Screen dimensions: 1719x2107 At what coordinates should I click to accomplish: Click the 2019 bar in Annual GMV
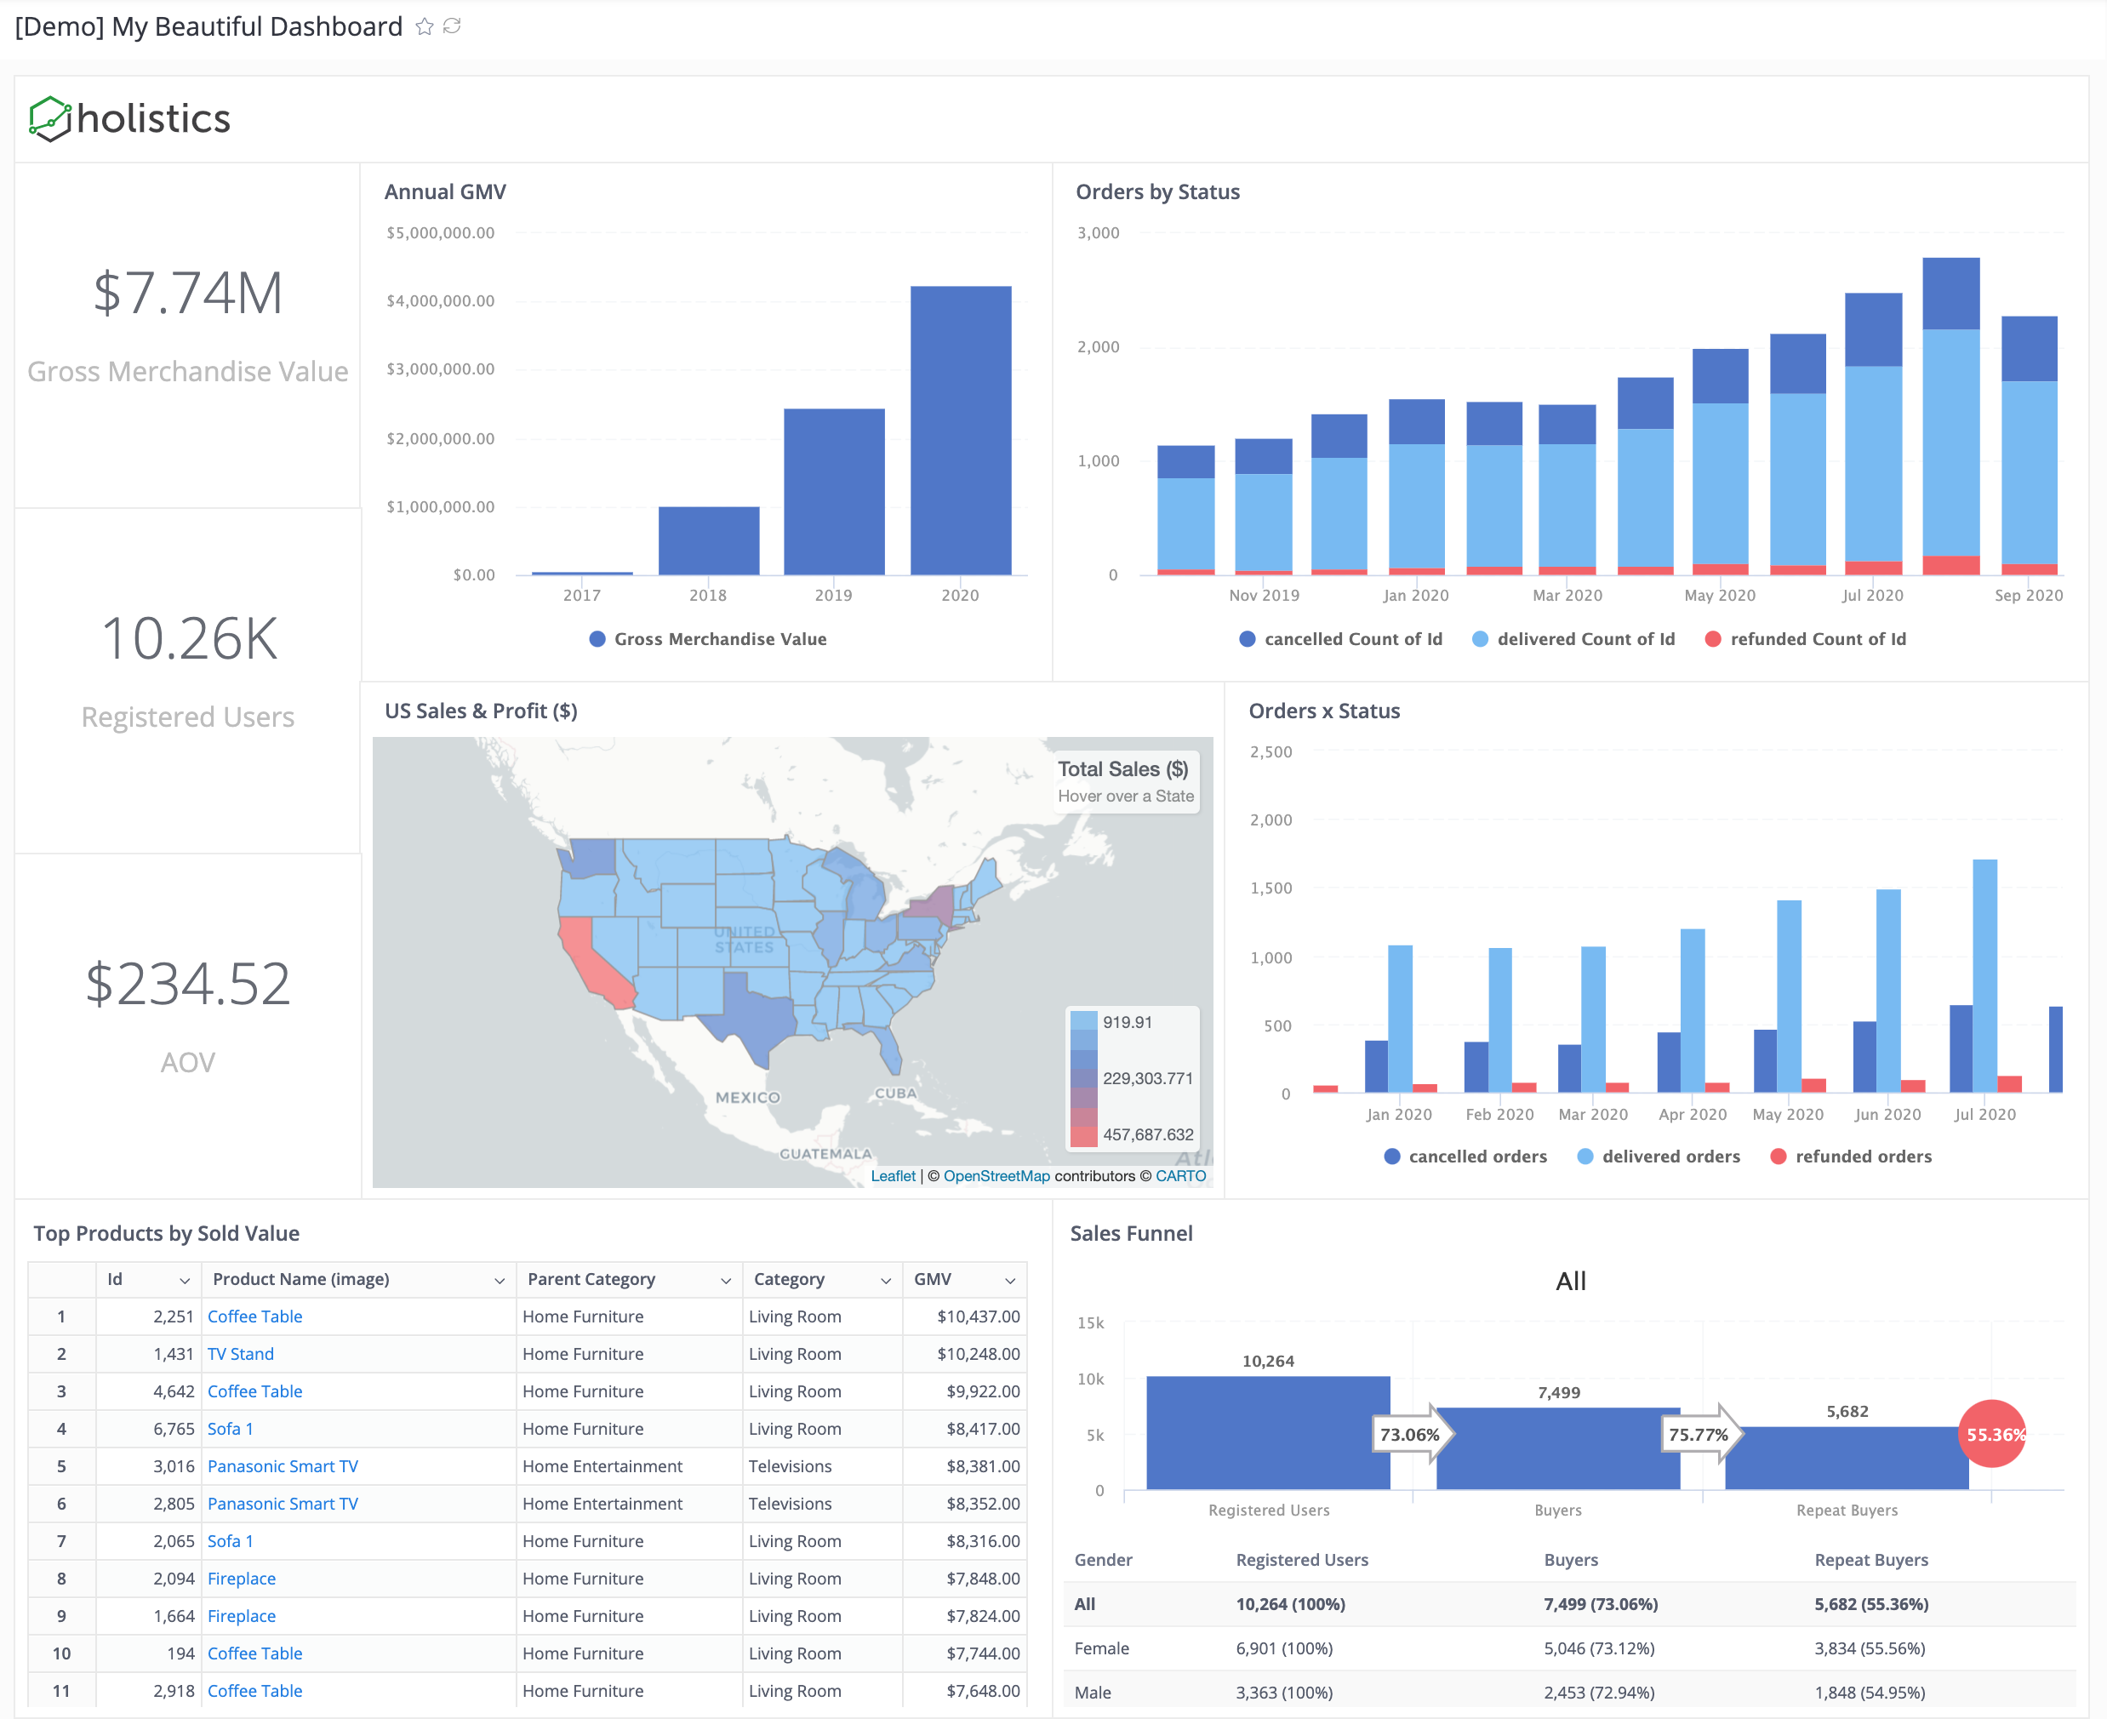[x=834, y=492]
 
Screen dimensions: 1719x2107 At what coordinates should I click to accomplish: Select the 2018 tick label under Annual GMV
[x=707, y=595]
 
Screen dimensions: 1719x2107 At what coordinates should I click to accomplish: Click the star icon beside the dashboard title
[x=425, y=26]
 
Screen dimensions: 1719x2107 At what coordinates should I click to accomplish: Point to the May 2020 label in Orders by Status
[x=1719, y=595]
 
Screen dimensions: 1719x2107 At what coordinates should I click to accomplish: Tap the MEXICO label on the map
[x=747, y=1097]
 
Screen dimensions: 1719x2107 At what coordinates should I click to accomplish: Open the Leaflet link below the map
[x=892, y=1176]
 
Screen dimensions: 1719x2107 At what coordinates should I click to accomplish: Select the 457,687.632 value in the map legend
[x=1148, y=1134]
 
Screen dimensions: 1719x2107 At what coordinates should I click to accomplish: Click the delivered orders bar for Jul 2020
[x=1984, y=975]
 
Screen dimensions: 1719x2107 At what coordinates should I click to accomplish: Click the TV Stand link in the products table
[x=241, y=1354]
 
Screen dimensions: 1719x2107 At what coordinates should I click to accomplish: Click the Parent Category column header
[x=591, y=1279]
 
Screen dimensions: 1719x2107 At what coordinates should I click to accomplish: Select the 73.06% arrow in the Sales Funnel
[x=1411, y=1434]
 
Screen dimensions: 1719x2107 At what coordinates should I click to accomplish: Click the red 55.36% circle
[x=1992, y=1434]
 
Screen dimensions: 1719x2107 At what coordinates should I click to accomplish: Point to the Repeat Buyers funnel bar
[x=1846, y=1458]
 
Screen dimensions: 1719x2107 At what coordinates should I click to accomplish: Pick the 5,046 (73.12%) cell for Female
[x=1598, y=1648]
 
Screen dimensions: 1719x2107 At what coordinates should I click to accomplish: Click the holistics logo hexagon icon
[x=49, y=119]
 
